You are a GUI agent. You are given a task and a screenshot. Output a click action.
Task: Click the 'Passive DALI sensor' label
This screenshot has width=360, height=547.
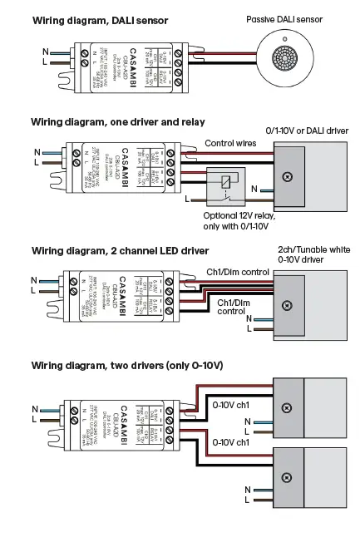pyautogui.click(x=284, y=17)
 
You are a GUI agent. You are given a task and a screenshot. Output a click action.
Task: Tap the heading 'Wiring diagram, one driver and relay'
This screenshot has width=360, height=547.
pyautogui.click(x=117, y=121)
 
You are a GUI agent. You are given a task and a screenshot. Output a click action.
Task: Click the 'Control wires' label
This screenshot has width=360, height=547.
pyautogui.click(x=232, y=143)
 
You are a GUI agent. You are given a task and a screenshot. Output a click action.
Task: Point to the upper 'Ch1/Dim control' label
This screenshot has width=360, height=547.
pyautogui.click(x=237, y=272)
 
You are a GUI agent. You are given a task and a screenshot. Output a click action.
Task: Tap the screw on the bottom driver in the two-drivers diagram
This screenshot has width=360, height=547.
pyautogui.click(x=287, y=477)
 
